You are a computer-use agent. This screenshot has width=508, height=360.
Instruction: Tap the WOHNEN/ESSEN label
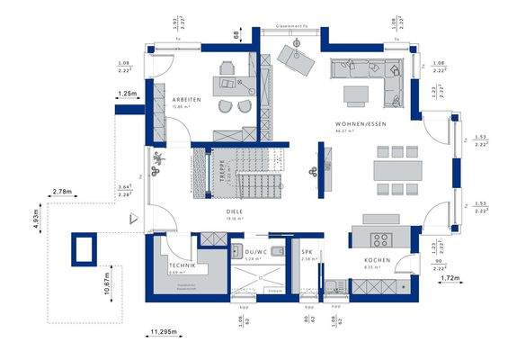[x=358, y=123]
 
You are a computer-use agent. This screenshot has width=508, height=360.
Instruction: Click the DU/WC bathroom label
[x=245, y=252]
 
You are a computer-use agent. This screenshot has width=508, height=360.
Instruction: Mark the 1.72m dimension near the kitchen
[x=451, y=280]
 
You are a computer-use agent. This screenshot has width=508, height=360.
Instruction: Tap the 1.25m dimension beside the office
[x=127, y=94]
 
